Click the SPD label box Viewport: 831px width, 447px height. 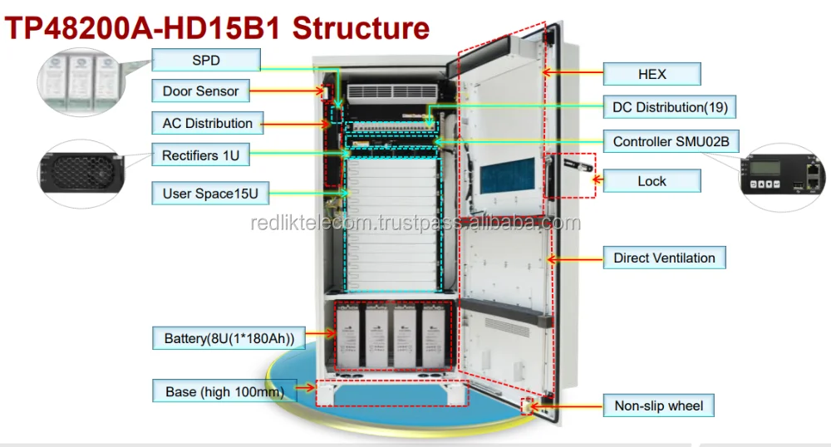point(206,61)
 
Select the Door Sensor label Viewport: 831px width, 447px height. point(200,91)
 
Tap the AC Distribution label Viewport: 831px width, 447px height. point(207,123)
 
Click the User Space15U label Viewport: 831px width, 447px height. point(210,194)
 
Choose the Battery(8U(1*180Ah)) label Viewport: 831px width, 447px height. point(224,338)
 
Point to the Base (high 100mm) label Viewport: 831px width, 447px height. point(219,391)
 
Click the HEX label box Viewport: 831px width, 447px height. point(652,74)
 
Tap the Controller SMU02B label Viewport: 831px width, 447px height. point(671,141)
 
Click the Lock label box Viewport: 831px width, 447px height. point(652,180)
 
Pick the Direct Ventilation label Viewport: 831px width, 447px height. point(664,258)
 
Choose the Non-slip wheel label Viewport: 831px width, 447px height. point(658,406)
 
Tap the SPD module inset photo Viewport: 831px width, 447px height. point(80,80)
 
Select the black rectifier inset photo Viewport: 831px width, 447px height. point(80,173)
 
